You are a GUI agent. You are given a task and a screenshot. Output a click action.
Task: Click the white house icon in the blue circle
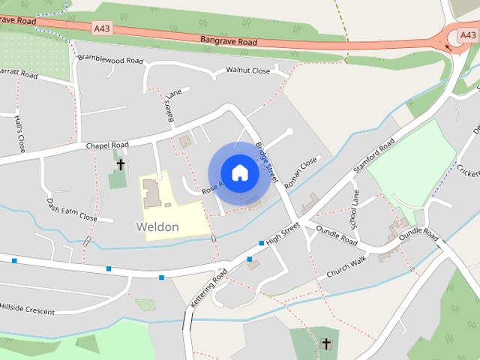[x=239, y=173]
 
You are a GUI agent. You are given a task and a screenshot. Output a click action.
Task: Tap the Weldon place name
[x=157, y=226]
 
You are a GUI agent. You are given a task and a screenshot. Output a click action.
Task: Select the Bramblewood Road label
[x=109, y=59]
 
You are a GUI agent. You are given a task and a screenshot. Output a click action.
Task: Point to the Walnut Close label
[x=247, y=71]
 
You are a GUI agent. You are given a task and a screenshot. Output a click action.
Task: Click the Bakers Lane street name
[x=174, y=106]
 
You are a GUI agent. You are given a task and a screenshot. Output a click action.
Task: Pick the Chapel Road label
[x=107, y=145]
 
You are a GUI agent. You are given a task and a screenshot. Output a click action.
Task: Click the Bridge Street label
[x=268, y=163]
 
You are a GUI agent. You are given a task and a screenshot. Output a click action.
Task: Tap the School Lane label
[x=355, y=210]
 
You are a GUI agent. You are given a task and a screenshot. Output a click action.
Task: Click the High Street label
[x=283, y=232]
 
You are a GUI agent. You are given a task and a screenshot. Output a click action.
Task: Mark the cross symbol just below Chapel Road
[x=120, y=164]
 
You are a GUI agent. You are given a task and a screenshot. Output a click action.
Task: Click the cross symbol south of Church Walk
[x=325, y=344]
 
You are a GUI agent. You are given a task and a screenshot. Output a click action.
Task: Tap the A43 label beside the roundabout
[x=469, y=34]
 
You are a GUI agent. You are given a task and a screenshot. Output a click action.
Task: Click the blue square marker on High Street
[x=261, y=243]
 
